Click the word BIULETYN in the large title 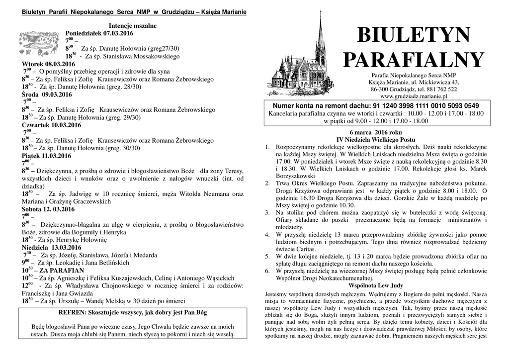(x=413, y=35)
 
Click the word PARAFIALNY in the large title (x=413, y=60)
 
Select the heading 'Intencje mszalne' (x=132, y=25)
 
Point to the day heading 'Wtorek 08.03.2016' (x=48, y=64)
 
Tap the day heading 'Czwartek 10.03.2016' (x=52, y=125)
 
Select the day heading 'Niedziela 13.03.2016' (x=51, y=248)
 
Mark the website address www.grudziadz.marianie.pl (x=414, y=96)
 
